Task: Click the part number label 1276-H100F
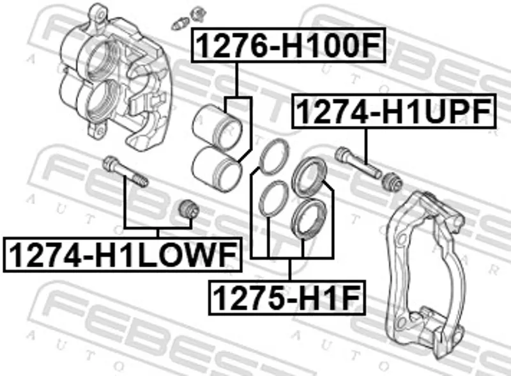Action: [289, 45]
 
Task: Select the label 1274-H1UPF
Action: [394, 111]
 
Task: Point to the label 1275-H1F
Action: [287, 297]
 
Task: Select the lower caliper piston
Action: [217, 169]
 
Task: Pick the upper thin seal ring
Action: [274, 156]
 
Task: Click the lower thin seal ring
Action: [274, 198]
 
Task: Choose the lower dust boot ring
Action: [309, 219]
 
